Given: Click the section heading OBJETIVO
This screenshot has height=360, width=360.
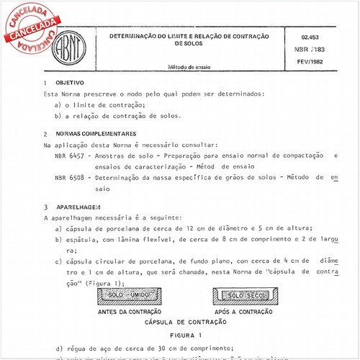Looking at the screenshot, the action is pos(70,83).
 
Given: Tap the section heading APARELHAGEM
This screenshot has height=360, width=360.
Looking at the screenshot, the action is pos(78,206).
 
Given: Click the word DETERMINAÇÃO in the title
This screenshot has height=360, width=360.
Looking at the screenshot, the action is pos(138,35).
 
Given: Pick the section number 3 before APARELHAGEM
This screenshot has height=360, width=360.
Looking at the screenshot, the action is pos(45,206).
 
